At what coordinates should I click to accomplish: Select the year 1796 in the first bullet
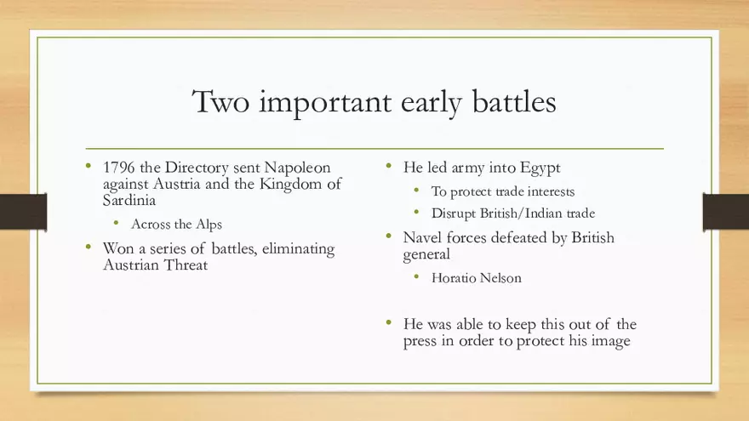point(119,168)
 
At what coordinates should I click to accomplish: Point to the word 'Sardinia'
point(129,201)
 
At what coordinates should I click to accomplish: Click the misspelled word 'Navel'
point(423,238)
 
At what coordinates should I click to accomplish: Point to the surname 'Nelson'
point(503,278)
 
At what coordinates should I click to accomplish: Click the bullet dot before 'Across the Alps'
point(117,225)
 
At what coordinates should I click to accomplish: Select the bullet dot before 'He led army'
point(388,167)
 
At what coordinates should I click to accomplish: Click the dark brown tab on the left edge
point(23,212)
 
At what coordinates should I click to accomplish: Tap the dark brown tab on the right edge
point(725,212)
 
